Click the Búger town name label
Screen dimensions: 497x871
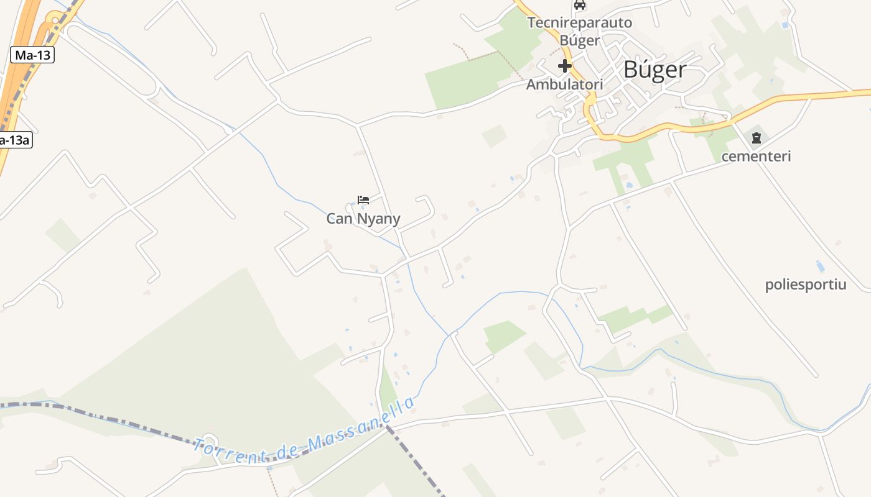[x=655, y=70]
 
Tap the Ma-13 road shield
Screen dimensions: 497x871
[x=33, y=55]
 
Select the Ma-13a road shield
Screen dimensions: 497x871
[x=14, y=140]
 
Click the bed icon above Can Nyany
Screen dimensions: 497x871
[x=363, y=200]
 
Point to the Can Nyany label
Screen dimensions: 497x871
[x=363, y=219]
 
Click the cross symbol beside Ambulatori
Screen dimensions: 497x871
[x=565, y=66]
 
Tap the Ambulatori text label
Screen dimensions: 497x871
[x=565, y=84]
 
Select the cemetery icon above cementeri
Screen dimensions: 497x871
[x=757, y=138]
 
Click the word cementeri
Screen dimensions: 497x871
[x=756, y=157]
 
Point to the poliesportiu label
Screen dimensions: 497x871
[x=806, y=285]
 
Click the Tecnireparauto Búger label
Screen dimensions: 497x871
[x=580, y=32]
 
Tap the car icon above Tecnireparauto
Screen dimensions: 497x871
[x=580, y=5]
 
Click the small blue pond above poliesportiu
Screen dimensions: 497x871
[x=820, y=267]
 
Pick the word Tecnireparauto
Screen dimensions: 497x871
[x=580, y=23]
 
